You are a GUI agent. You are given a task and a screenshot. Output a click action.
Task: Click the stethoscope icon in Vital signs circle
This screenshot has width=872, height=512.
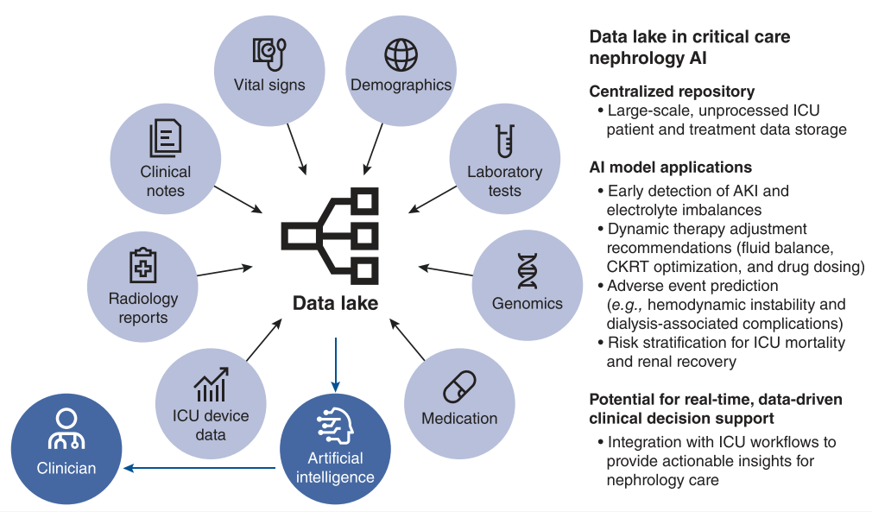[x=269, y=54]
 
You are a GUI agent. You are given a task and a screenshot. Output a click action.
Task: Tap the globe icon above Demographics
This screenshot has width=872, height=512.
[x=401, y=54]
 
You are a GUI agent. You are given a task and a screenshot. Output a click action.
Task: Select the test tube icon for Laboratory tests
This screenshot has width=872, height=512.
[x=504, y=142]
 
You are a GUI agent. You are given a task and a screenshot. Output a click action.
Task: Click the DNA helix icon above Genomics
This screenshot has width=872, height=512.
[x=527, y=271]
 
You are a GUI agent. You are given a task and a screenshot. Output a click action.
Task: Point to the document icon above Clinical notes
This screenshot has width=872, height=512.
[x=166, y=138]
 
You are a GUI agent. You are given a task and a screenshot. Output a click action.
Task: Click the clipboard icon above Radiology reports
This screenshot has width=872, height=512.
[x=142, y=266]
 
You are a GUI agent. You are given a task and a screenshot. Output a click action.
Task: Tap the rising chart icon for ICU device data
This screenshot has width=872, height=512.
[x=211, y=384]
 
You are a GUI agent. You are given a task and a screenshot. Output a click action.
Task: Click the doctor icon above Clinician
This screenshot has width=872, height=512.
[x=66, y=428]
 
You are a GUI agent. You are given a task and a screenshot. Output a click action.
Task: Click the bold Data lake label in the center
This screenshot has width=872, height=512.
[x=335, y=303]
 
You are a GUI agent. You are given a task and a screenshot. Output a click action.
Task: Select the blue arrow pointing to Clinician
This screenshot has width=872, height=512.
[x=199, y=469]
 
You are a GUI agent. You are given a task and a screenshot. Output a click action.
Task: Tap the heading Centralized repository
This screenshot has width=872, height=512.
[x=672, y=92]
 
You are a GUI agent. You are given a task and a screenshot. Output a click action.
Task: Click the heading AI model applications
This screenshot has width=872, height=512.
[x=670, y=168]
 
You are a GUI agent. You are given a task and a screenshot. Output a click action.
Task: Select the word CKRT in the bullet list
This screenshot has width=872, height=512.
[x=629, y=267]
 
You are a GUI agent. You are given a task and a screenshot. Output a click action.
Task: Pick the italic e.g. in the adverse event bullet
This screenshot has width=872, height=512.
[x=624, y=305]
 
